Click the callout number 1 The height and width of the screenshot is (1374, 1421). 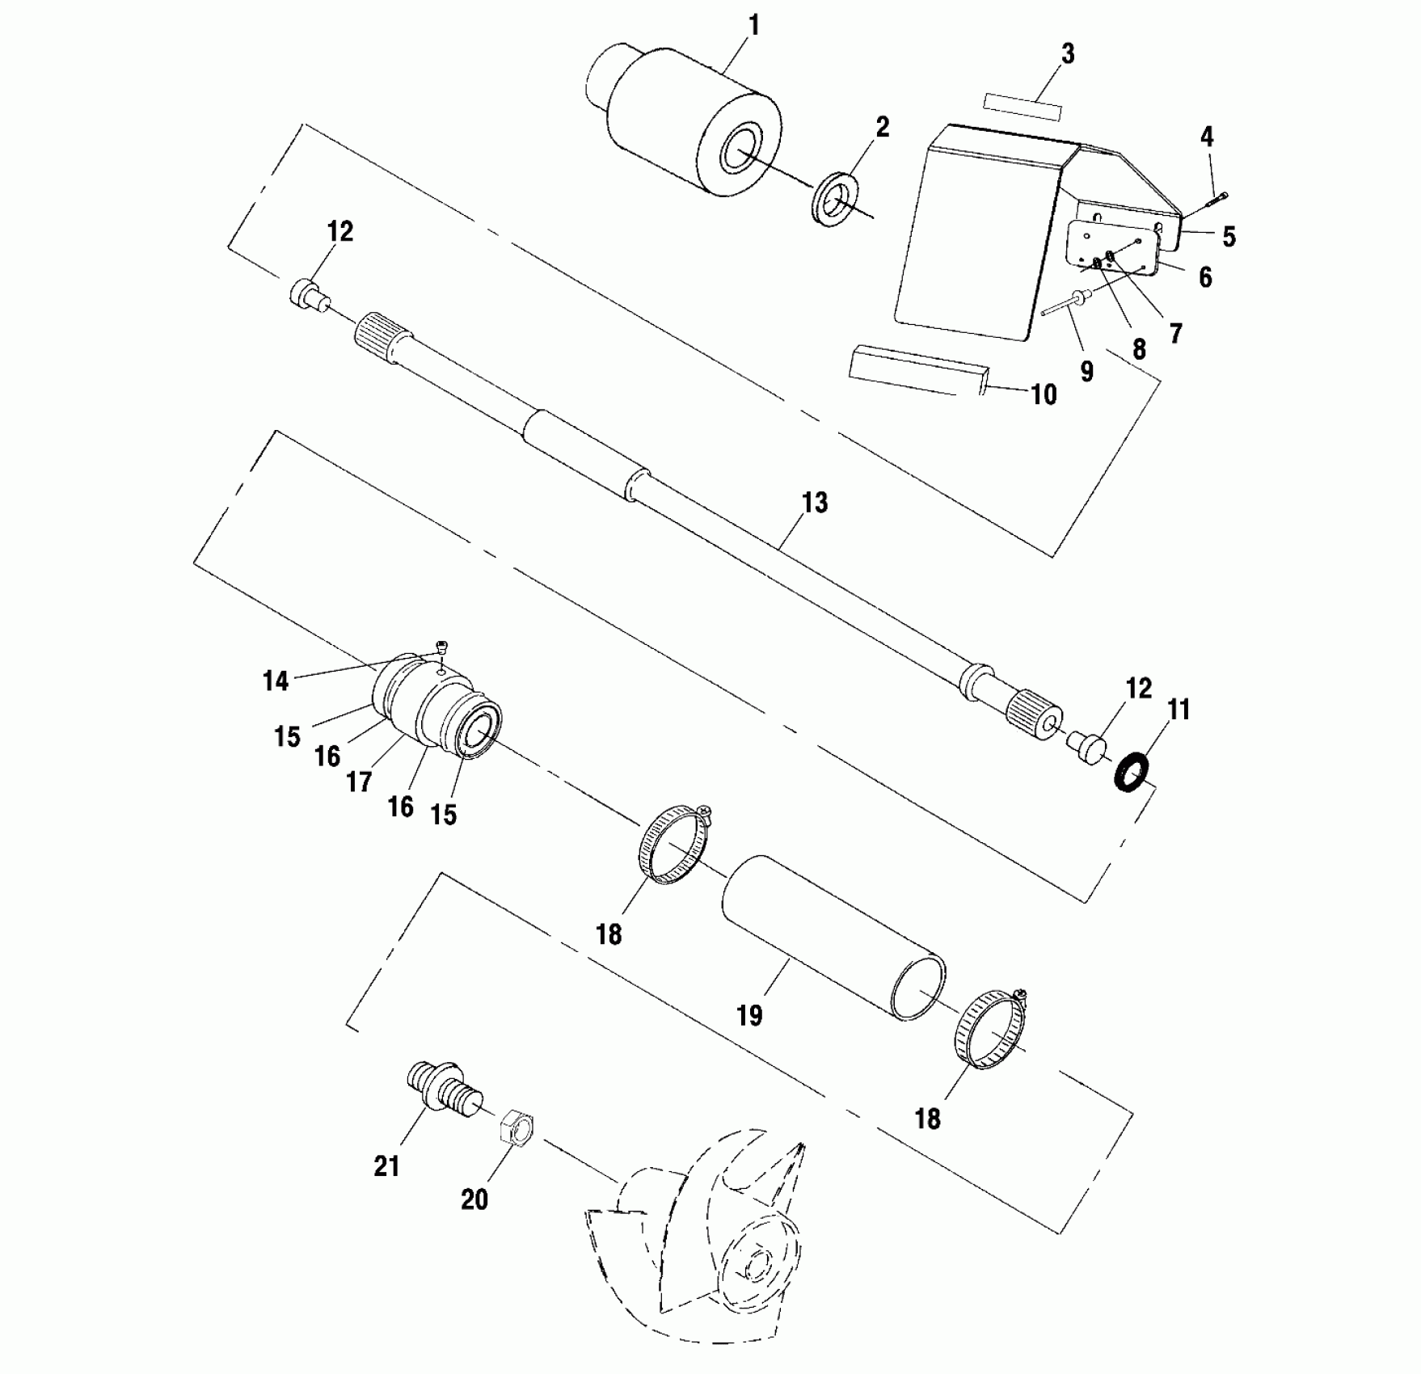[x=754, y=26]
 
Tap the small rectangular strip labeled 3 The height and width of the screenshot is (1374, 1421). [x=1021, y=107]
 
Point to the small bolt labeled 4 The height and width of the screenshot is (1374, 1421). [x=1215, y=199]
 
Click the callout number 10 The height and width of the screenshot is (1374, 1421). [x=1044, y=394]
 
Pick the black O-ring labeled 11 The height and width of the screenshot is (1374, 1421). [x=1132, y=771]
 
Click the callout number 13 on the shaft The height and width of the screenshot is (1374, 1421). [x=815, y=503]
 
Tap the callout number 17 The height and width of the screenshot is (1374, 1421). [x=359, y=781]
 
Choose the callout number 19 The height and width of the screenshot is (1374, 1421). [x=750, y=1014]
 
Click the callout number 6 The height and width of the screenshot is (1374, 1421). [x=1205, y=277]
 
